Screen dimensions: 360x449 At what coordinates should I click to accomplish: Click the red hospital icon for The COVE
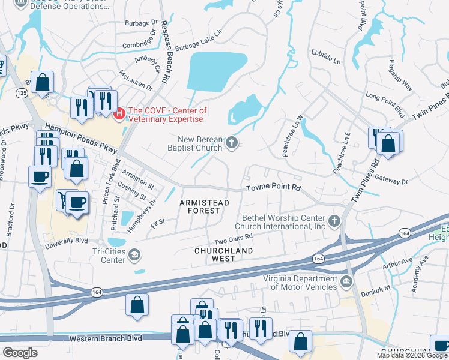tap(119, 112)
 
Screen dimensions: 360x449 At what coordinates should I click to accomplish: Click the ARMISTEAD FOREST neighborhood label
tap(204, 207)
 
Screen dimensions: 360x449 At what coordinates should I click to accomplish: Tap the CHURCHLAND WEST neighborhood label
tap(223, 254)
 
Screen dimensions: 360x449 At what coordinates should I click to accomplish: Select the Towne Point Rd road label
tap(274, 187)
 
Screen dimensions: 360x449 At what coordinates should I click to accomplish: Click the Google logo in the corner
tap(20, 352)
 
